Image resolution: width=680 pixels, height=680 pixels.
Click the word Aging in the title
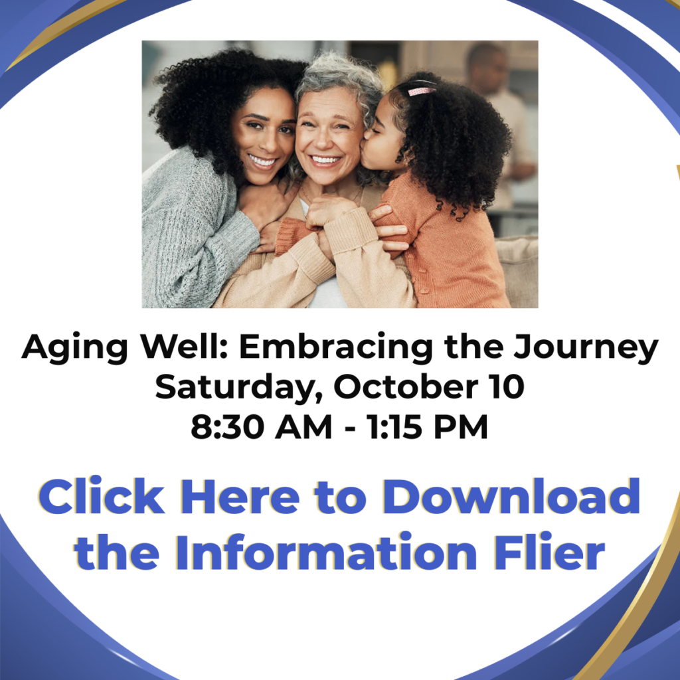coord(75,348)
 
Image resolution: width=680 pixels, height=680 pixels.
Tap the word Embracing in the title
coord(335,348)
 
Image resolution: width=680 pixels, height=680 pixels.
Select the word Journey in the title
coord(586,348)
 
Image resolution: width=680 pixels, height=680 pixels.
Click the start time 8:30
coord(227,427)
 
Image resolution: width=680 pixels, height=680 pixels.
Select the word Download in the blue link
coord(511,496)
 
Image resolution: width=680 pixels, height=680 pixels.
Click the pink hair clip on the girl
coord(421,90)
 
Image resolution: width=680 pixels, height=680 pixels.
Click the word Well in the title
coord(184,348)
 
